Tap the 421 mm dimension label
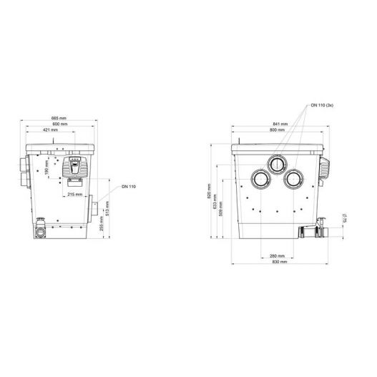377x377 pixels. pos(50,130)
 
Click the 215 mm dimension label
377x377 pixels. pos(75,195)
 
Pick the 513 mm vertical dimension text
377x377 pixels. pos(107,207)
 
